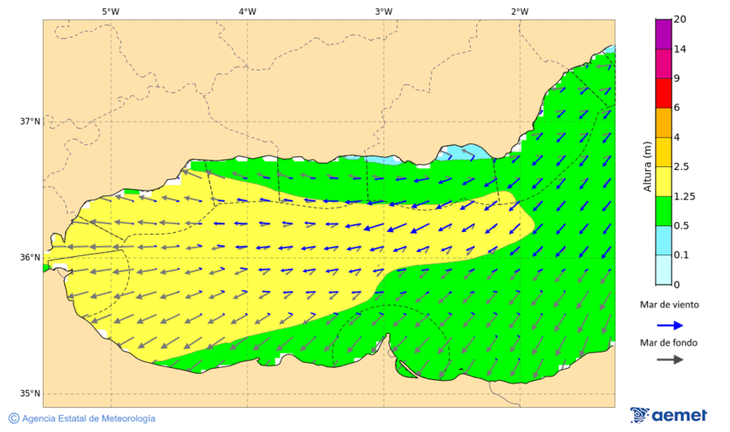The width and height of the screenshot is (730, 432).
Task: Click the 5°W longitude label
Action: [111, 11]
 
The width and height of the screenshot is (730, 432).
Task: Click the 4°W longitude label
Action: [247, 11]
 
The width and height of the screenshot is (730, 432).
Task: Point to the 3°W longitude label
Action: [384, 11]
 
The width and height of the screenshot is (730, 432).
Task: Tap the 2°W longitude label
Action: [520, 11]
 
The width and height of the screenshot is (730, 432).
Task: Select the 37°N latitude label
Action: [30, 122]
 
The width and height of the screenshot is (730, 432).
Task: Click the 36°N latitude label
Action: [30, 258]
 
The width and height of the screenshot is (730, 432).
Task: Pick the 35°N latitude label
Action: [30, 394]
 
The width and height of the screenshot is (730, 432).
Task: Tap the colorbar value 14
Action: [680, 49]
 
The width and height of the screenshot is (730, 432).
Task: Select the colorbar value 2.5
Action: [682, 167]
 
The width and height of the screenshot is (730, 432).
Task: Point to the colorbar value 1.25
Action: [685, 196]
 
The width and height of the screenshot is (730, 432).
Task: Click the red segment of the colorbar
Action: [663, 93]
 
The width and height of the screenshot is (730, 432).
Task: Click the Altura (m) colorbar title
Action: [647, 167]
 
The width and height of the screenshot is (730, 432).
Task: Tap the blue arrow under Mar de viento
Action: [668, 324]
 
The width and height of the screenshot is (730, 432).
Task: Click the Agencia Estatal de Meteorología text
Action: [88, 418]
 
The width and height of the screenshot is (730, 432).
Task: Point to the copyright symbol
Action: [14, 418]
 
